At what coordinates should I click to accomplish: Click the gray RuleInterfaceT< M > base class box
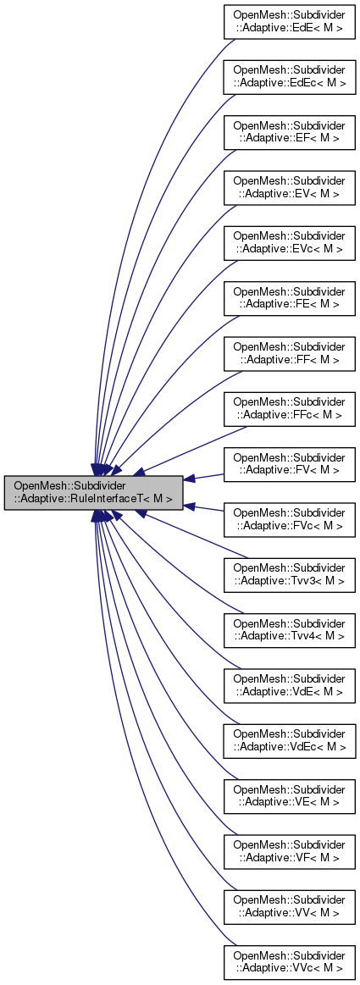[x=93, y=492]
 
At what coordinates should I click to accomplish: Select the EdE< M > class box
[x=289, y=25]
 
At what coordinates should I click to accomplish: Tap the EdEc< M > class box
[x=289, y=79]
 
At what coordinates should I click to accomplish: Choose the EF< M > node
[x=289, y=133]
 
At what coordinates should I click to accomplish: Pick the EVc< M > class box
[x=289, y=241]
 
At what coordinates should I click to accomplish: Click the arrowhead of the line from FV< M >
[x=190, y=479]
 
